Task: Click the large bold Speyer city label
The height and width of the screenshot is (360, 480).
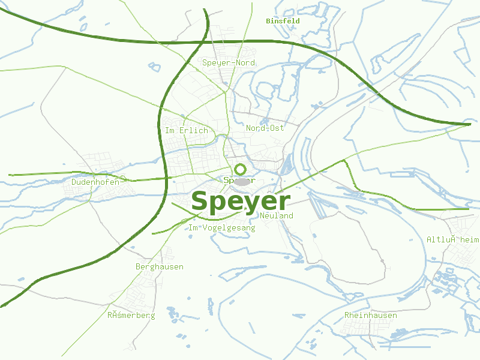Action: [x=241, y=202]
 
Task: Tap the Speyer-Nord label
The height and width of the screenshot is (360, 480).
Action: [x=229, y=62]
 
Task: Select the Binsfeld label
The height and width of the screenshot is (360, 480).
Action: [x=283, y=21]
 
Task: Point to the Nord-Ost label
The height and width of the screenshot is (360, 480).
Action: [x=265, y=128]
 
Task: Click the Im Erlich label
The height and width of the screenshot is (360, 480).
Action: [x=186, y=130]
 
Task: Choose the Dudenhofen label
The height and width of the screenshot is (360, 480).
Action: [x=95, y=182]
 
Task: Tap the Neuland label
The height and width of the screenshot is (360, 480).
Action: [x=277, y=215]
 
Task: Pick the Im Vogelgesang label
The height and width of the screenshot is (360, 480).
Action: [x=222, y=228]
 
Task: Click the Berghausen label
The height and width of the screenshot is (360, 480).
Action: [x=160, y=266]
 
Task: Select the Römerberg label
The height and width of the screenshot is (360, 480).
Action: [x=131, y=315]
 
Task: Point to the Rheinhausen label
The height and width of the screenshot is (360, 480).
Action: [x=370, y=315]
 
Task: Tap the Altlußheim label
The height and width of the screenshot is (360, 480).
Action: [x=453, y=239]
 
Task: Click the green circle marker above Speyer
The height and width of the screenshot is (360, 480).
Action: [x=241, y=169]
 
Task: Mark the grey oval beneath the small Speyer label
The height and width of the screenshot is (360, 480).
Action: [x=241, y=181]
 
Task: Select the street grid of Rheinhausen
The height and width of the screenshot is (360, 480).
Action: [x=366, y=327]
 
